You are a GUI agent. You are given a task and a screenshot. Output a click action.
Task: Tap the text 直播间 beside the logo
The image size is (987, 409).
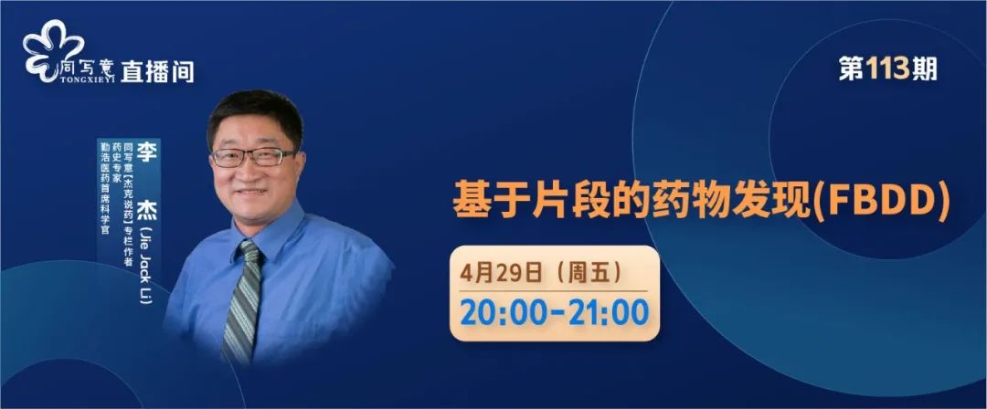coord(157,71)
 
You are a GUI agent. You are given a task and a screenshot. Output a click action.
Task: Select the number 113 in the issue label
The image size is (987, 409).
coord(887,68)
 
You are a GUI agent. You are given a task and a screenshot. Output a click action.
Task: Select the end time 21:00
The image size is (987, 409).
coord(609,313)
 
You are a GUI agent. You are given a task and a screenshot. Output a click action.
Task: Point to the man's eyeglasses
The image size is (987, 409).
coord(252,157)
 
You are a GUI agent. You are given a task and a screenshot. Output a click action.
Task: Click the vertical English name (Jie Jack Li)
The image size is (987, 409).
coord(145,264)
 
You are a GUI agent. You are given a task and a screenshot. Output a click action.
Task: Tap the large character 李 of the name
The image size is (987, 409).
coord(146,152)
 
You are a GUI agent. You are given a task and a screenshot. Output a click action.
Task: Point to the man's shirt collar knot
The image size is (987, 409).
coord(249,250)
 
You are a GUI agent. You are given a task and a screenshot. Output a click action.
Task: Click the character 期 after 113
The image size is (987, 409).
coord(924,68)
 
